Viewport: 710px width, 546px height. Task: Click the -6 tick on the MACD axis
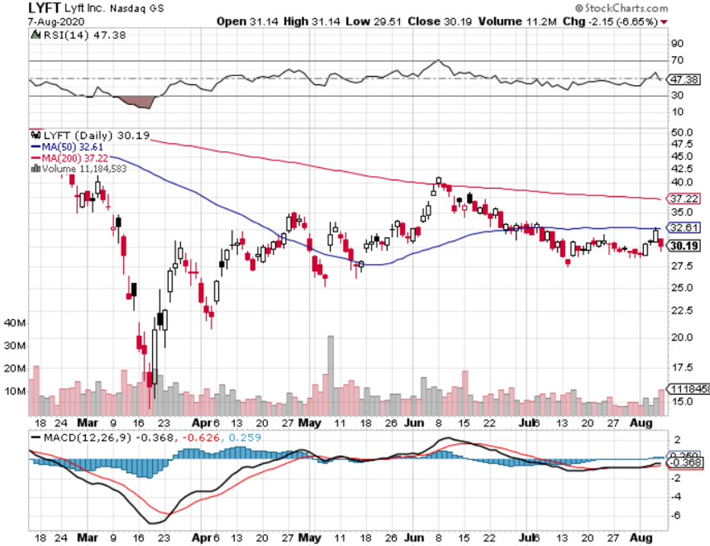click(x=675, y=516)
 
